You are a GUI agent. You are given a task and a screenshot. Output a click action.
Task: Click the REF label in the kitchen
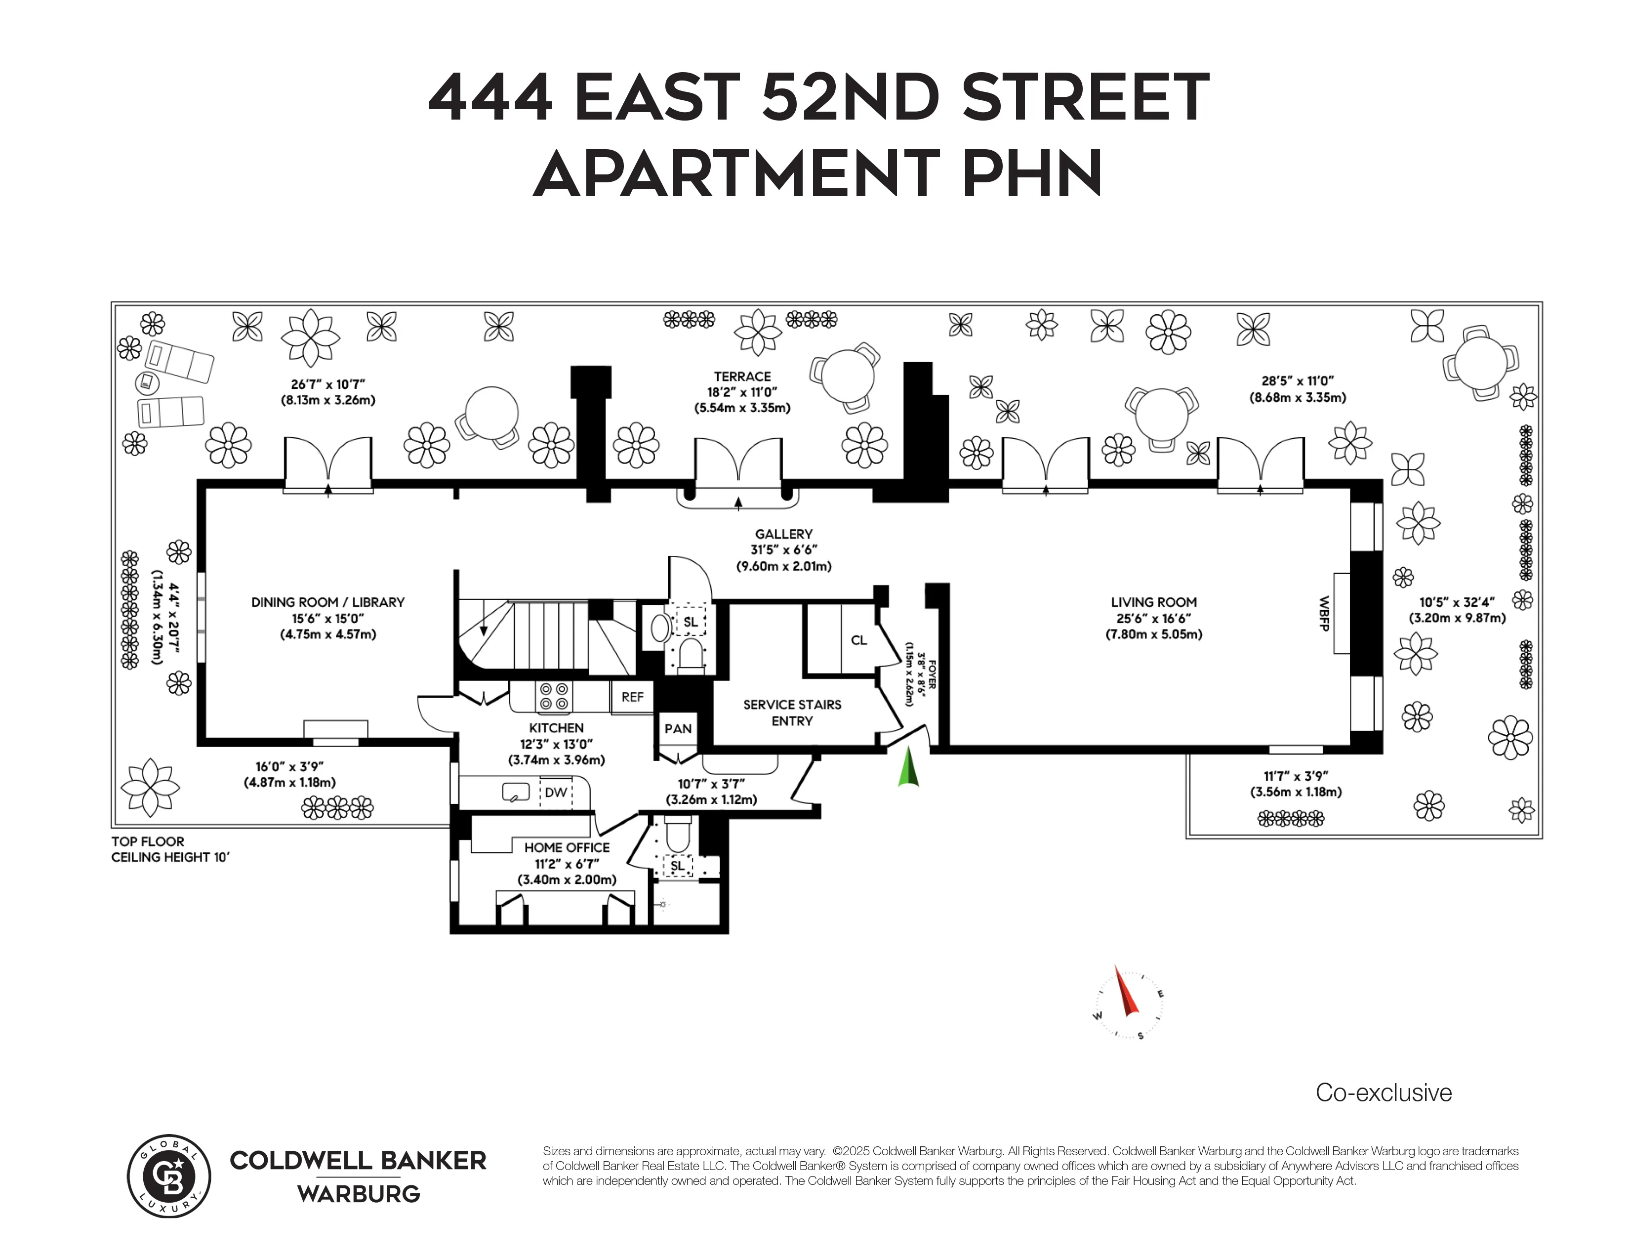point(632,696)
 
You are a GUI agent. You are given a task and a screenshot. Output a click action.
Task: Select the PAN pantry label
point(678,728)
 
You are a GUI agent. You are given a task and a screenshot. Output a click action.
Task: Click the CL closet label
point(859,640)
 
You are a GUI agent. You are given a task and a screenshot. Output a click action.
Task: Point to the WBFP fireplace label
point(1324,614)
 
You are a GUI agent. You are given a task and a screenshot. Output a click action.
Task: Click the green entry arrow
point(908,769)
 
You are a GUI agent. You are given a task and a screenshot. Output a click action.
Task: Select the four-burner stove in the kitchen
point(554,696)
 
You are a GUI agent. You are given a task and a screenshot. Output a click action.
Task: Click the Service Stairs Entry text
point(792,712)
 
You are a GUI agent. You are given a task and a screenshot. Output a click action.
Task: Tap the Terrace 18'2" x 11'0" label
point(742,392)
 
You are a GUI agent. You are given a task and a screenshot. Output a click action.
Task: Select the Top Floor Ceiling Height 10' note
point(169,849)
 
